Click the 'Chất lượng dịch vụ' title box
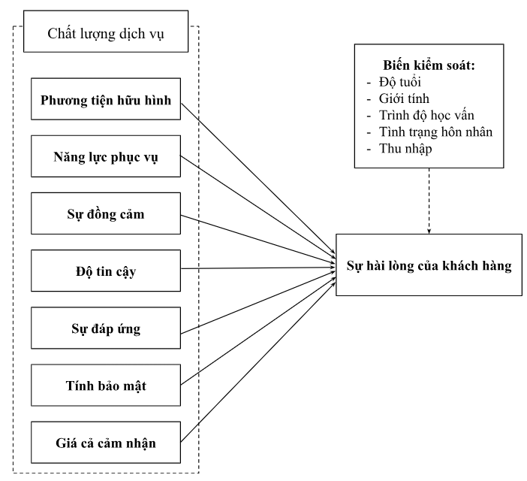[106, 32]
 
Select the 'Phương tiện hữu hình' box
[106, 99]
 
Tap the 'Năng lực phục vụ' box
[106, 156]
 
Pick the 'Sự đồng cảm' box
[106, 213]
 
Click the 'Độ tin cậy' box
[106, 271]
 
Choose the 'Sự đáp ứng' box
[106, 328]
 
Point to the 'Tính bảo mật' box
[106, 385]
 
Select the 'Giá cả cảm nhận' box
[106, 443]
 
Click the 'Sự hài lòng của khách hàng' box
[429, 265]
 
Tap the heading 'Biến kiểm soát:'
[429, 65]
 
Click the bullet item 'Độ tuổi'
[400, 82]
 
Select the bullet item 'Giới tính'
[404, 98]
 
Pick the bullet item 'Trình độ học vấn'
[426, 116]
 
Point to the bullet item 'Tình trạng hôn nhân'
[435, 132]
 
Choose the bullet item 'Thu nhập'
[405, 149]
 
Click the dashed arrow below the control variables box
[429, 201]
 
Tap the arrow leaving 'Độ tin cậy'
[258, 268]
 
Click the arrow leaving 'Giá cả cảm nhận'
[258, 362]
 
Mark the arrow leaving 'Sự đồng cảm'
[258, 239]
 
